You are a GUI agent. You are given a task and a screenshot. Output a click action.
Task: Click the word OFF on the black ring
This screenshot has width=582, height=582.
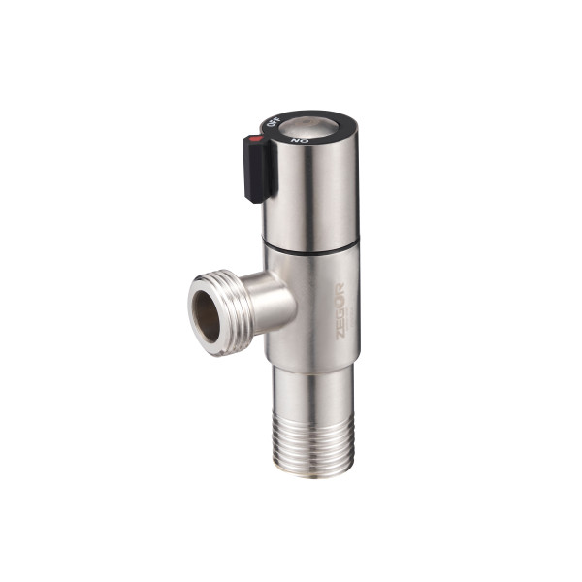(274, 122)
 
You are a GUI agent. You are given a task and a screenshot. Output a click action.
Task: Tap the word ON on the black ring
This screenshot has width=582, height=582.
(300, 141)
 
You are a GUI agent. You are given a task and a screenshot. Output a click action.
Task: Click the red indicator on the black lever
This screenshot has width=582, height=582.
(256, 139)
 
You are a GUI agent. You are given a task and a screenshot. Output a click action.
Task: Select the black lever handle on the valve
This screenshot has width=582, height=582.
(260, 169)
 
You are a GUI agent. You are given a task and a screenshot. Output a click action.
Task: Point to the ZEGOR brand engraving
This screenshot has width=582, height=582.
(340, 311)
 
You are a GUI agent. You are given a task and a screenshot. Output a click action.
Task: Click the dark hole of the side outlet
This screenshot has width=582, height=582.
(207, 315)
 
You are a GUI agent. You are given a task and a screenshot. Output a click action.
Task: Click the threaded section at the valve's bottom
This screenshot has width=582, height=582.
(313, 444)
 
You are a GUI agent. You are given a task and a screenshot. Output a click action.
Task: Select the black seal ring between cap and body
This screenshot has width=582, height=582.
(311, 248)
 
